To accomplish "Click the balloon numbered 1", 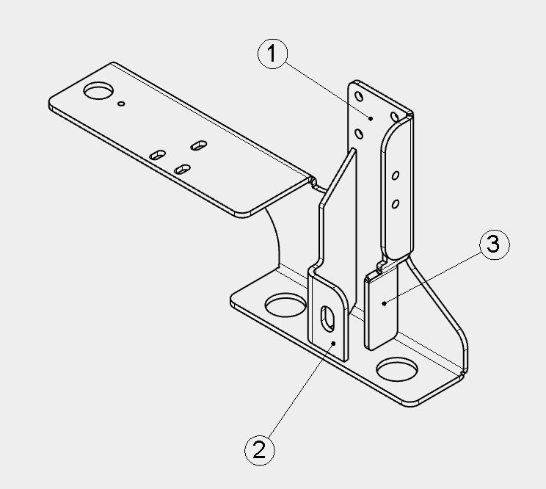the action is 273,54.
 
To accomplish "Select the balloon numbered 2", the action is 260,449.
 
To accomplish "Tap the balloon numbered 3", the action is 495,245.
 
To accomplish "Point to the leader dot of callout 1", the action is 371,119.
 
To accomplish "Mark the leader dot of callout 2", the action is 333,344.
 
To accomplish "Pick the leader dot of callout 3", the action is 384,304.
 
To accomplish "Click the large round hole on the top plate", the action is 98,90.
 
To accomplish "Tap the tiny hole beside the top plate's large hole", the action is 121,104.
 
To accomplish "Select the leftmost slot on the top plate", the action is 157,155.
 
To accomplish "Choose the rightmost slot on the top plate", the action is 199,145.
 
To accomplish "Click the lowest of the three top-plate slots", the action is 182,170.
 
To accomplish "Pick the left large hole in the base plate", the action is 285,305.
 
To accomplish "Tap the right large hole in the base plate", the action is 396,370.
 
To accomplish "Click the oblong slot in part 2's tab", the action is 327,318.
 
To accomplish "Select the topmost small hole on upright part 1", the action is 359,96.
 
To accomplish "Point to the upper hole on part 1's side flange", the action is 396,175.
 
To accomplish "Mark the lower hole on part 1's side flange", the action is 396,204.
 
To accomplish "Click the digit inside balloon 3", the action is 494,244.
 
